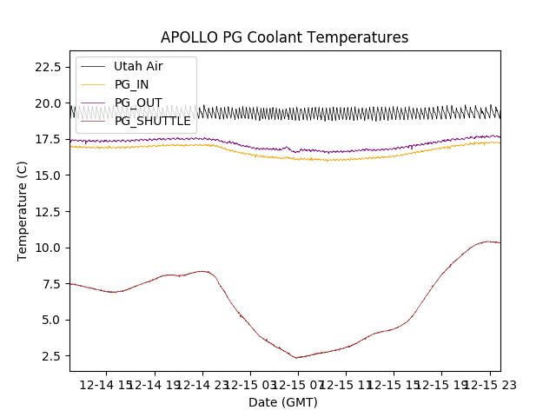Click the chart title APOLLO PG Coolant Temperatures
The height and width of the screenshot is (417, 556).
(284, 37)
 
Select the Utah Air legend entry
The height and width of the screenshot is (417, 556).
(137, 66)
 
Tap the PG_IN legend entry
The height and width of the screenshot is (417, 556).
(131, 84)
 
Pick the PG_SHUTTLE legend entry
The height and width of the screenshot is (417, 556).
(152, 121)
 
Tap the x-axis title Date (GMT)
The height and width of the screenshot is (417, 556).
(283, 402)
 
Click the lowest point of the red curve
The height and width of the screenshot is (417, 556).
(296, 357)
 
